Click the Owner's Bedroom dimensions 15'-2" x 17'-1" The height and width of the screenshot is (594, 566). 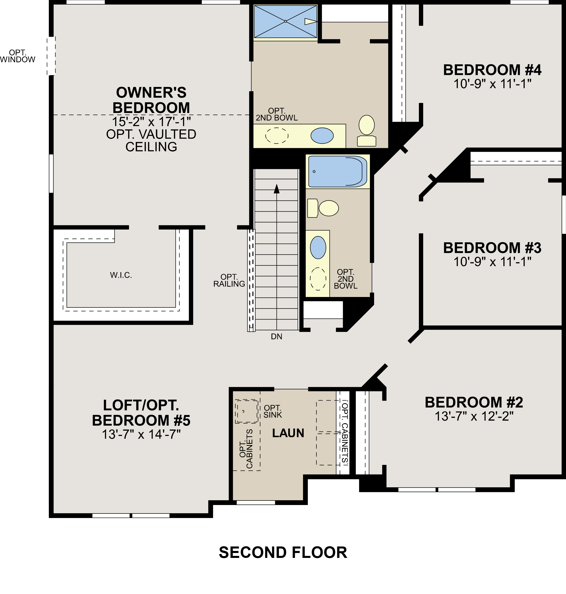[x=151, y=122]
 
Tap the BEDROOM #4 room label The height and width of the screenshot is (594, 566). [x=492, y=70]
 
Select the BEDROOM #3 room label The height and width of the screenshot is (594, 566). [x=492, y=248]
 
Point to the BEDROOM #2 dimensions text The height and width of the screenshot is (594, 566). [x=474, y=416]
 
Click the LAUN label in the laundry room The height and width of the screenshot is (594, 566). [x=288, y=433]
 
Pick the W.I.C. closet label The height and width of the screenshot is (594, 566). [x=121, y=275]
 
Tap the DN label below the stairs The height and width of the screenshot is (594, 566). [x=276, y=337]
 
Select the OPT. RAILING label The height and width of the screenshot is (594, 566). [x=229, y=281]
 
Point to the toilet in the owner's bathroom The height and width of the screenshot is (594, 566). [x=367, y=130]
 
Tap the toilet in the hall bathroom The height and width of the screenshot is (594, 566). [x=324, y=208]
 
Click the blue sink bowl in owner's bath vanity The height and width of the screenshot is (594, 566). [x=322, y=136]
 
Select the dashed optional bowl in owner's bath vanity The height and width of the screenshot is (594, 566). [x=277, y=136]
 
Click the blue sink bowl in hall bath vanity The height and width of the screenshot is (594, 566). [x=318, y=247]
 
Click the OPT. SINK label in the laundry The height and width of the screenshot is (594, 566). [x=272, y=412]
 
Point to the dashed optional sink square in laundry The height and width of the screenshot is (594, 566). [x=247, y=411]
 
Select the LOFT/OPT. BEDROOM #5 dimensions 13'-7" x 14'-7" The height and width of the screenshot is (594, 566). [x=141, y=435]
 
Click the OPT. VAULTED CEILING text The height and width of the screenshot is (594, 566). [x=151, y=140]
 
